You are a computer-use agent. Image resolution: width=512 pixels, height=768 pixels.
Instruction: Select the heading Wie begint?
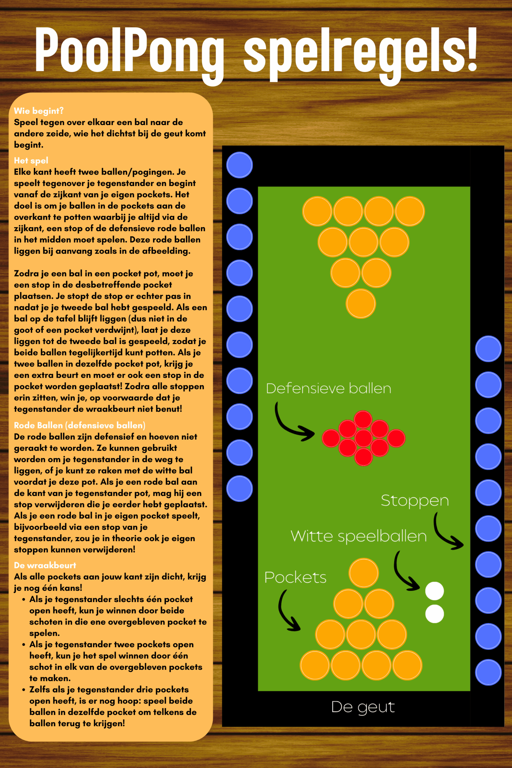(38, 111)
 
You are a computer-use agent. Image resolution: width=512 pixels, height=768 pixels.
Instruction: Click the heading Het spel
(31, 160)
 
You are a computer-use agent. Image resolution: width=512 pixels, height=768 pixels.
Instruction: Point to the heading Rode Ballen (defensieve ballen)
(80, 425)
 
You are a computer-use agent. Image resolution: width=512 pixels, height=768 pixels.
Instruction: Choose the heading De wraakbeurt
(45, 565)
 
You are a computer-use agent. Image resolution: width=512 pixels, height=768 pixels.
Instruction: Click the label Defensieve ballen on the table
(328, 388)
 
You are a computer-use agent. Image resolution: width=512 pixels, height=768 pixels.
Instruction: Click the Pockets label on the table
(295, 577)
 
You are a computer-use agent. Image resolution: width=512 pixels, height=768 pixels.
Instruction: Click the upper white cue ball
(434, 591)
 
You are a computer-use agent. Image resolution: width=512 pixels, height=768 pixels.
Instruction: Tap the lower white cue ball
(434, 614)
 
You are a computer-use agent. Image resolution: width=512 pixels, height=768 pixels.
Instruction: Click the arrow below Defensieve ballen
(287, 428)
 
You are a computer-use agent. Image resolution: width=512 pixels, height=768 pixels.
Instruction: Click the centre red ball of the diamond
(364, 438)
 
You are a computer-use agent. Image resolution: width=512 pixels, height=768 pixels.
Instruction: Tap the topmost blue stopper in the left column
(239, 165)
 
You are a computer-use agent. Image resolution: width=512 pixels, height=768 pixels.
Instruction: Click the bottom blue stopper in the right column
(488, 672)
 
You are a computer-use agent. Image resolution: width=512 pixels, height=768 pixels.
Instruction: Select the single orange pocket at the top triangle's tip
(361, 304)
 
